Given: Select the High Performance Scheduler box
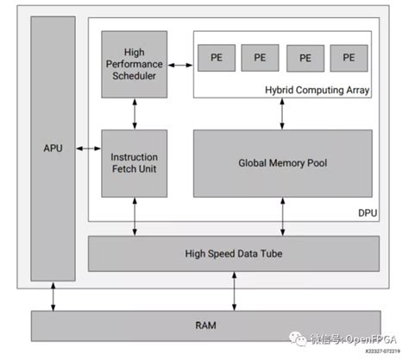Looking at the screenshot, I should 134,64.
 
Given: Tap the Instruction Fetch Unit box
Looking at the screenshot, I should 134,163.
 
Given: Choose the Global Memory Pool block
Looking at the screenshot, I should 282,162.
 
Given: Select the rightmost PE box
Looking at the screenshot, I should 348,57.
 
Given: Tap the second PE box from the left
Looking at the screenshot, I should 260,57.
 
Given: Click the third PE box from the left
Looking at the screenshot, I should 305,57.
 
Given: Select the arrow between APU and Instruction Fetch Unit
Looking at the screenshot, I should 88,150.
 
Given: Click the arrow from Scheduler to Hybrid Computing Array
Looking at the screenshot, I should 179,64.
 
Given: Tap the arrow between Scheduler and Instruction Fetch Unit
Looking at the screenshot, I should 134,113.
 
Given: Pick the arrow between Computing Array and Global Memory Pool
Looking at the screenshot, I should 282,113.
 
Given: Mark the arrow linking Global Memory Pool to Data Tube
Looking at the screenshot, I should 282,216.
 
